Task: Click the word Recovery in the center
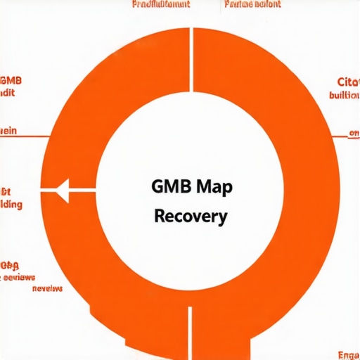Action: pyautogui.click(x=190, y=216)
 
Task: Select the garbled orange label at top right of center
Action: pyautogui.click(x=252, y=4)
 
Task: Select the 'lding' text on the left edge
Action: pyautogui.click(x=11, y=205)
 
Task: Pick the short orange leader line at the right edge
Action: pyautogui.click(x=354, y=134)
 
